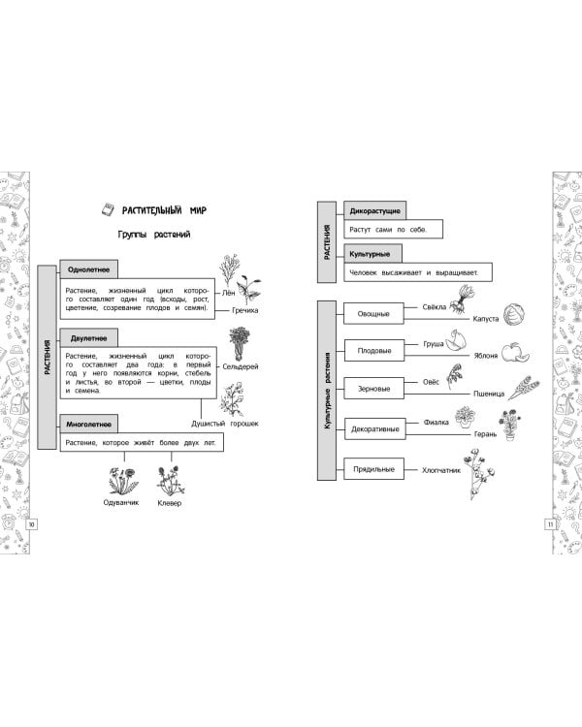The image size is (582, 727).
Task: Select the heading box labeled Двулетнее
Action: [x=88, y=339]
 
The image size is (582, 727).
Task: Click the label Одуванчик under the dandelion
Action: [x=121, y=502]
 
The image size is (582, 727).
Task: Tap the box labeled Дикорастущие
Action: [x=373, y=210]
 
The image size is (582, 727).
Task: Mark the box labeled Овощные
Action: [x=373, y=313]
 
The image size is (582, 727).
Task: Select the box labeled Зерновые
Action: [x=373, y=389]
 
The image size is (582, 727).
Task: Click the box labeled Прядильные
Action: [x=373, y=469]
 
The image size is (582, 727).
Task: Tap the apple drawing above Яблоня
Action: [x=512, y=348]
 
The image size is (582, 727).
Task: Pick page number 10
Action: [x=32, y=524]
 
